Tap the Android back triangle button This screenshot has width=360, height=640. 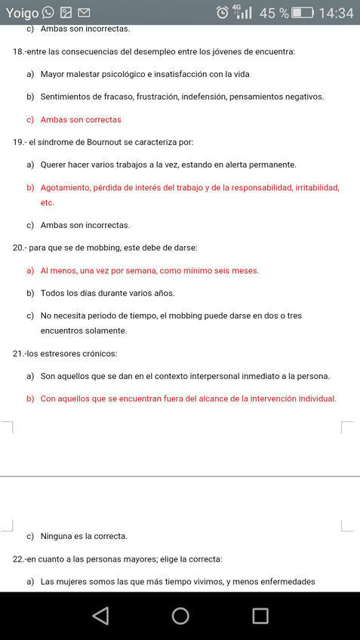pyautogui.click(x=100, y=616)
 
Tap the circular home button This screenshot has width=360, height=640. pyautogui.click(x=180, y=616)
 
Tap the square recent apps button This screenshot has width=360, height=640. pyautogui.click(x=260, y=616)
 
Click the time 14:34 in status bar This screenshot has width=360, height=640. pyautogui.click(x=336, y=13)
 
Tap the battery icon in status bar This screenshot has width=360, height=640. pyautogui.click(x=303, y=13)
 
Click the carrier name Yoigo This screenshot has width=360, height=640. pyautogui.click(x=22, y=13)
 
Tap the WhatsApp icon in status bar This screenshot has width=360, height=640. pyautogui.click(x=48, y=12)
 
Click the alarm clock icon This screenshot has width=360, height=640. pyautogui.click(x=222, y=13)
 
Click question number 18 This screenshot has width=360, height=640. pyautogui.click(x=19, y=51)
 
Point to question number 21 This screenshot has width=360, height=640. pyautogui.click(x=19, y=353)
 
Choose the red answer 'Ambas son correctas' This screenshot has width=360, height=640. pyautogui.click(x=81, y=119)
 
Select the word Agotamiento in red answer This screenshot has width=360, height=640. pyautogui.click(x=65, y=187)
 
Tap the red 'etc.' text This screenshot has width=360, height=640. pyautogui.click(x=48, y=202)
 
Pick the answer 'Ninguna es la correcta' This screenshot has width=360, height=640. pyautogui.click(x=84, y=536)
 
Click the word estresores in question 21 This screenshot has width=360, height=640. pyautogui.click(x=57, y=353)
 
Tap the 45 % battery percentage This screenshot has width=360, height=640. pyautogui.click(x=274, y=13)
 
